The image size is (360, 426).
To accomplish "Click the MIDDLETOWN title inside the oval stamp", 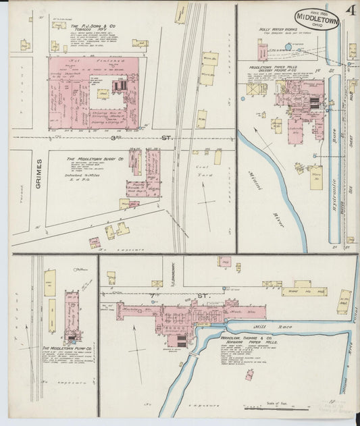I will click(x=317, y=17).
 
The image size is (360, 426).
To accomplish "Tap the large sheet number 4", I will click(x=351, y=9).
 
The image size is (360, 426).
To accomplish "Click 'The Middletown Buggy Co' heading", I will click(x=94, y=159).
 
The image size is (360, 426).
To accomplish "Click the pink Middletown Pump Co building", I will click(x=71, y=317).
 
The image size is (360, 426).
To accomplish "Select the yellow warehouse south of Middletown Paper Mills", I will click(x=315, y=178).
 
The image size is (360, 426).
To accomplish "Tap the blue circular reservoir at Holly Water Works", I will click(x=288, y=47).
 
